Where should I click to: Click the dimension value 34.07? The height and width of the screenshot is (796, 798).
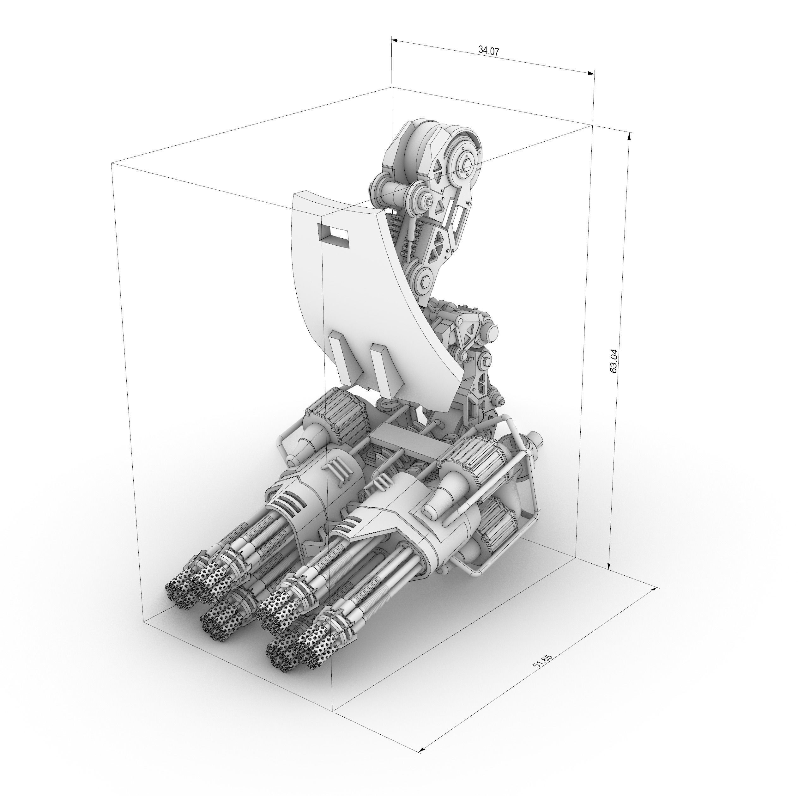pyautogui.click(x=489, y=50)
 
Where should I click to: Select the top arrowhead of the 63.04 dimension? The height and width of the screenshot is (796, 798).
pyautogui.click(x=629, y=136)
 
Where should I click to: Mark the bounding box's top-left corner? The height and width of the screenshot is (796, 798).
pyautogui.click(x=112, y=163)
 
